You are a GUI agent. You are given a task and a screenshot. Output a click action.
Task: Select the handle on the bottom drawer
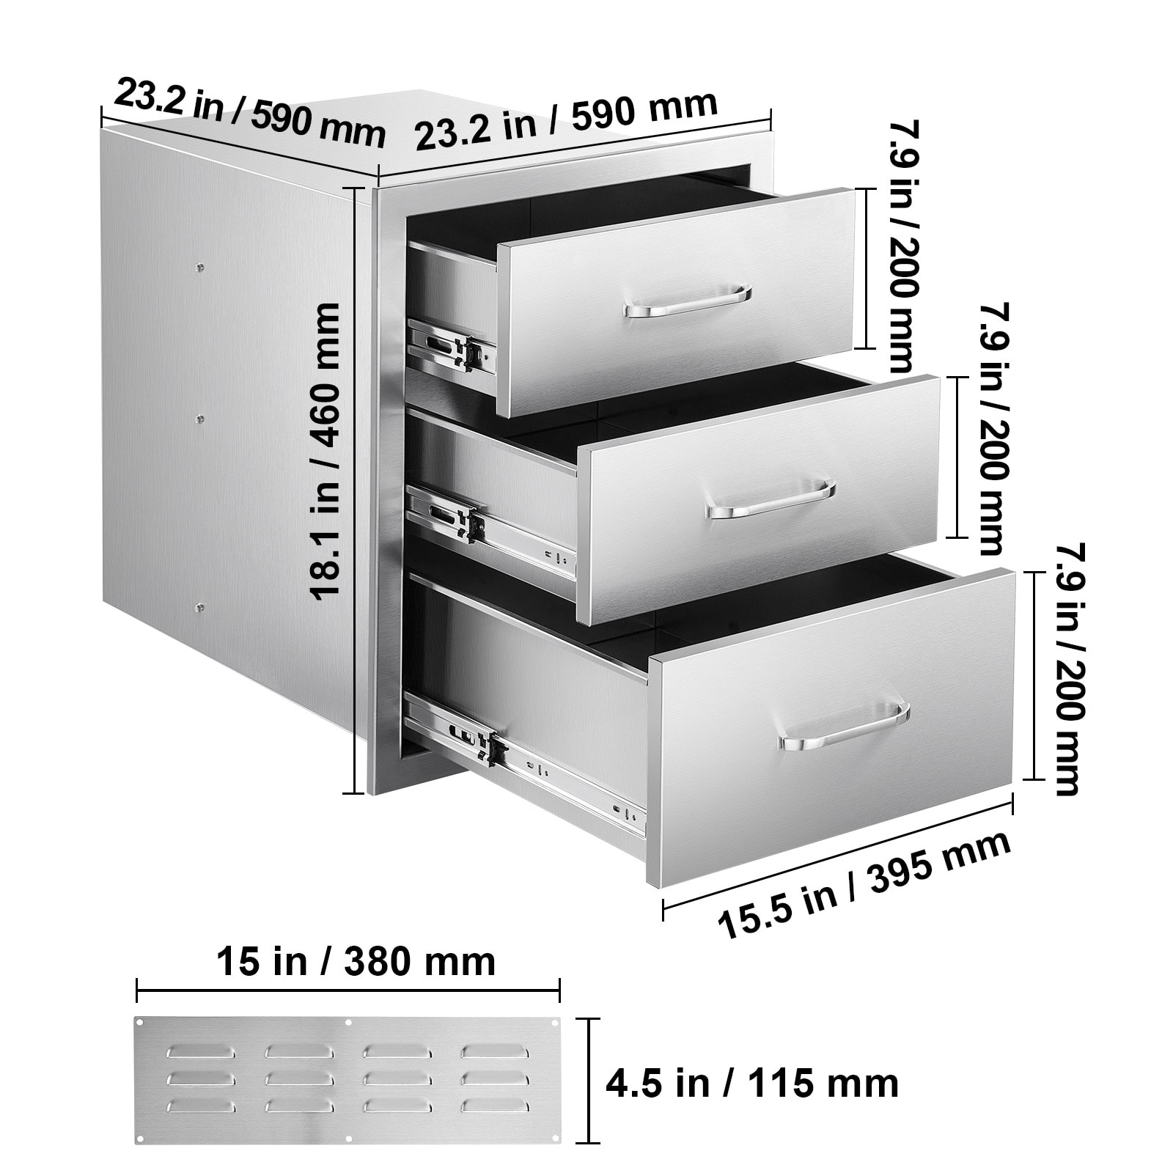click(844, 727)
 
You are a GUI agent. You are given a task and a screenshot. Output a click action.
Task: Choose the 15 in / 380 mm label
click(356, 961)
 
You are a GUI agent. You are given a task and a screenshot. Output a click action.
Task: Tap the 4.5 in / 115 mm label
click(752, 1083)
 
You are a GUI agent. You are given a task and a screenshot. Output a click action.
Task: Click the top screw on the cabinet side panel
click(200, 268)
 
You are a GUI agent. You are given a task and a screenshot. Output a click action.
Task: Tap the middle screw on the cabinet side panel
click(200, 419)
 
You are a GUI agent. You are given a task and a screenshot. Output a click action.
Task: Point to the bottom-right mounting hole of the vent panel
click(554, 1159)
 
